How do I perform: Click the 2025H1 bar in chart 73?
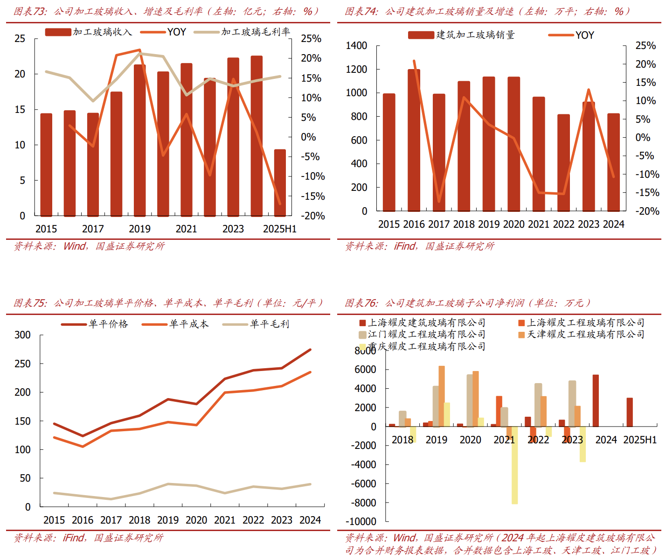pyautogui.click(x=280, y=183)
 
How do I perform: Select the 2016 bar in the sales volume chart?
pyautogui.click(x=414, y=140)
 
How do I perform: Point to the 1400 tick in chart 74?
pyautogui.click(x=356, y=46)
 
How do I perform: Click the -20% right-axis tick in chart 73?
pyautogui.click(x=312, y=216)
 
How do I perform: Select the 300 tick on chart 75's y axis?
pyautogui.click(x=22, y=335)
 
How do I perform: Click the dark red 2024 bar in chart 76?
pyautogui.click(x=596, y=400)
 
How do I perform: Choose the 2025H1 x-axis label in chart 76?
pyautogui.click(x=639, y=440)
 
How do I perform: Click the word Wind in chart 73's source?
pyautogui.click(x=75, y=246)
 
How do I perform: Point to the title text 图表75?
pyautogui.click(x=30, y=303)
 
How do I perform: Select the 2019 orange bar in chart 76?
pyautogui.click(x=441, y=396)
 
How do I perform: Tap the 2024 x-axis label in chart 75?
pyautogui.click(x=310, y=520)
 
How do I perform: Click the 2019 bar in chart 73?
pyautogui.click(x=139, y=140)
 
